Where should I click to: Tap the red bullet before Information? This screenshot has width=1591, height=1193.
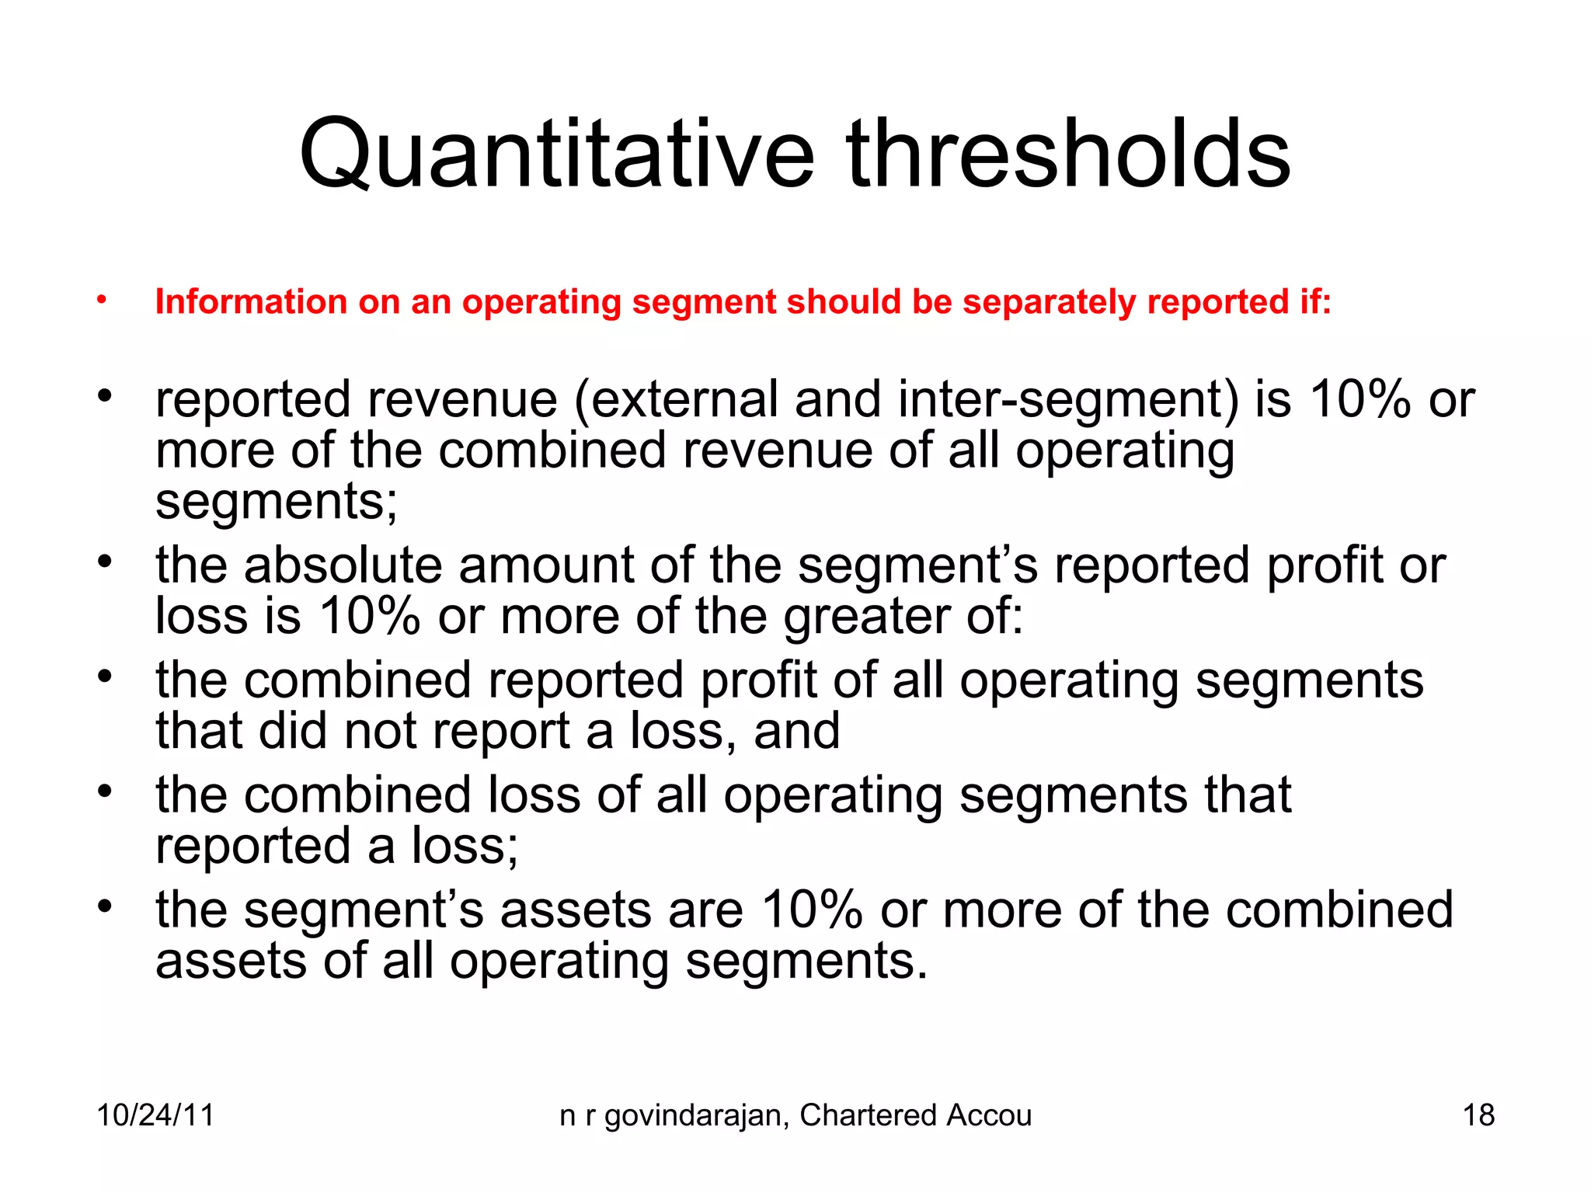[102, 300]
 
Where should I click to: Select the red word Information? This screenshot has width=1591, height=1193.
[250, 301]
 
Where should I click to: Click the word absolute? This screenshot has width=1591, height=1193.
[343, 565]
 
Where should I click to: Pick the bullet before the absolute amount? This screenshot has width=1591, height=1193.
[105, 560]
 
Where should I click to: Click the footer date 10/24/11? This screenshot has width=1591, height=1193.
[155, 1115]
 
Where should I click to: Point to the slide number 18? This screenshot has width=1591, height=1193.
[1478, 1115]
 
